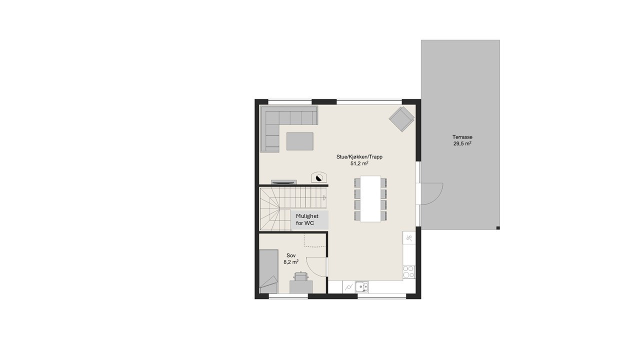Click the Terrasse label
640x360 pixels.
(462, 137)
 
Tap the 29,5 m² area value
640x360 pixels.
(462, 143)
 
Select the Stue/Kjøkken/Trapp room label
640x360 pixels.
(359, 156)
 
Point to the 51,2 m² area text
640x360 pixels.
(359, 163)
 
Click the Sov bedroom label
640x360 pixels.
(290, 254)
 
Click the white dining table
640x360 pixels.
(370, 198)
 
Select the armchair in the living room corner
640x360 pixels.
(402, 118)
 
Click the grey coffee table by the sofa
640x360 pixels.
(299, 141)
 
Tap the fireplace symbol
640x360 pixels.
(318, 177)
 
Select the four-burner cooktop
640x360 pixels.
(408, 270)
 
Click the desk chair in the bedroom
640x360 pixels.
(301, 276)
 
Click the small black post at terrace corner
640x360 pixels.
(498, 228)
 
